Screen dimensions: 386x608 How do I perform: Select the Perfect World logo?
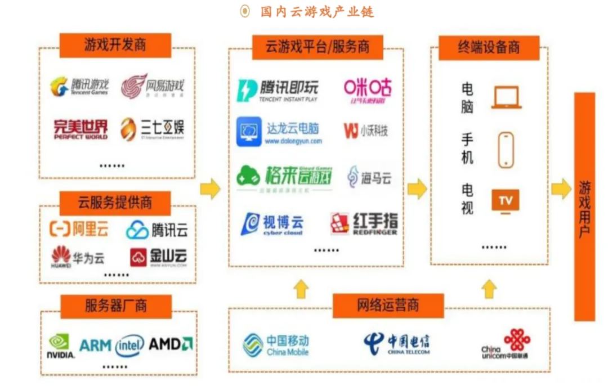click(x=80, y=129)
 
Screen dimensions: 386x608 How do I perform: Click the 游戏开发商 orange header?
click(x=115, y=45)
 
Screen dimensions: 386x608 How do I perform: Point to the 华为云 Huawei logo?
click(x=78, y=257)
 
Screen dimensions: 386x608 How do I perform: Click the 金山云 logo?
click(x=158, y=257)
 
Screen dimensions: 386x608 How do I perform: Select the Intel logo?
click(x=129, y=345)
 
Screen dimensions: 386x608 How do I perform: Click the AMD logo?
click(x=171, y=344)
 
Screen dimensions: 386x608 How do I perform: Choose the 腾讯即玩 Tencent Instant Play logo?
click(x=278, y=90)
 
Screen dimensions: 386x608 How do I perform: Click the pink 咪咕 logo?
click(x=368, y=90)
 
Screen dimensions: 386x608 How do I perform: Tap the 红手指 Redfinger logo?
click(x=364, y=223)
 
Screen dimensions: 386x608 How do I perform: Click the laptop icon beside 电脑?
click(x=506, y=97)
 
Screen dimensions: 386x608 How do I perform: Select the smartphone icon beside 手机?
click(x=506, y=150)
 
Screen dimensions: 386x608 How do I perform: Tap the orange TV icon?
click(x=506, y=201)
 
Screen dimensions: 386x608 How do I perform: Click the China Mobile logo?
click(x=276, y=344)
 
